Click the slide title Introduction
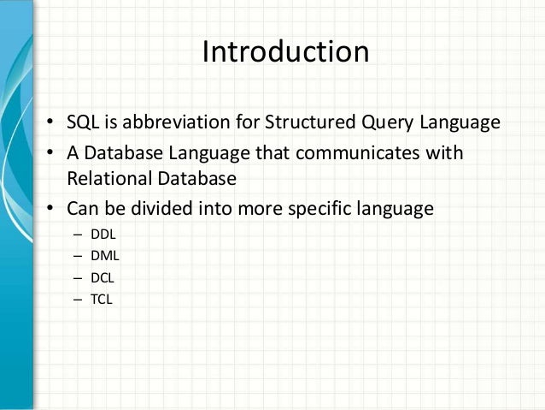(x=284, y=52)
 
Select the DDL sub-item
(x=103, y=234)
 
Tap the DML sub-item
(x=103, y=256)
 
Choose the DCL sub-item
(x=102, y=278)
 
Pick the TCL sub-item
(x=101, y=300)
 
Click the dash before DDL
(x=78, y=234)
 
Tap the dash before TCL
(x=78, y=300)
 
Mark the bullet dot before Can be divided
(x=52, y=209)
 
